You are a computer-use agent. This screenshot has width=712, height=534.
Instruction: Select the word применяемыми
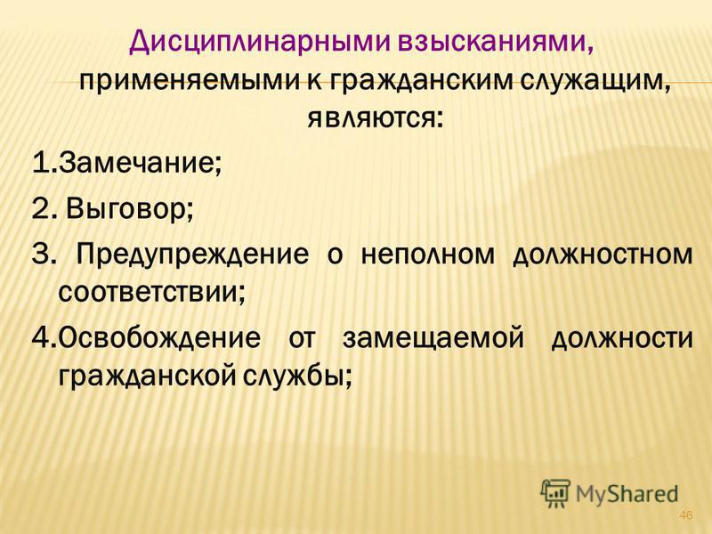pos(189,83)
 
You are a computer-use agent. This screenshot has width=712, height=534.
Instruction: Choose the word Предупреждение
pos(192,255)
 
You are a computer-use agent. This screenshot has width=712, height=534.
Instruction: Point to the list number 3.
pos(39,255)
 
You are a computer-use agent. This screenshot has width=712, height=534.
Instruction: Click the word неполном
pos(427,255)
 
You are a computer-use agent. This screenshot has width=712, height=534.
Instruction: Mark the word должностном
pos(603,255)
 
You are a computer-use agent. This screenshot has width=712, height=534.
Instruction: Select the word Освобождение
pos(159,338)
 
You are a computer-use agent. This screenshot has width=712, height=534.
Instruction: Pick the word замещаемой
pos(433,339)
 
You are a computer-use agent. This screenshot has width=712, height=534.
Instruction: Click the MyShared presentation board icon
pos(554,493)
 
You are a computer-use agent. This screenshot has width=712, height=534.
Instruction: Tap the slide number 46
pos(685,515)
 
